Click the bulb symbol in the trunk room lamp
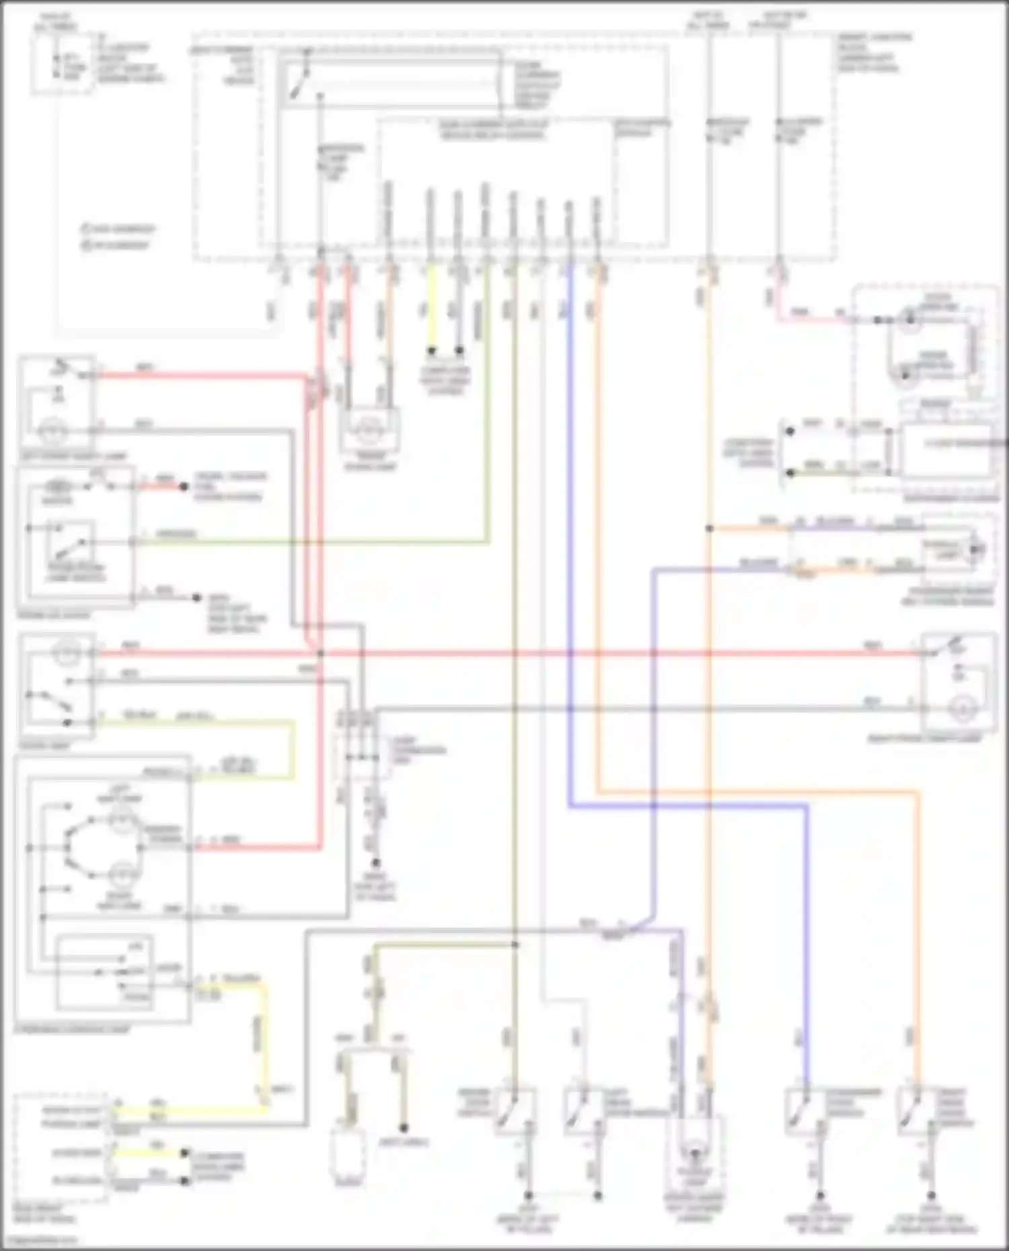pyautogui.click(x=368, y=428)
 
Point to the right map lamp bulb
pyautogui.click(x=122, y=874)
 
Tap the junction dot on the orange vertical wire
pyautogui.click(x=709, y=528)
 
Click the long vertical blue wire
pyautogui.click(x=570, y=538)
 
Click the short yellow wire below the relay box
pyautogui.click(x=431, y=309)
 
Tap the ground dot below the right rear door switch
pyautogui.click(x=931, y=1196)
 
